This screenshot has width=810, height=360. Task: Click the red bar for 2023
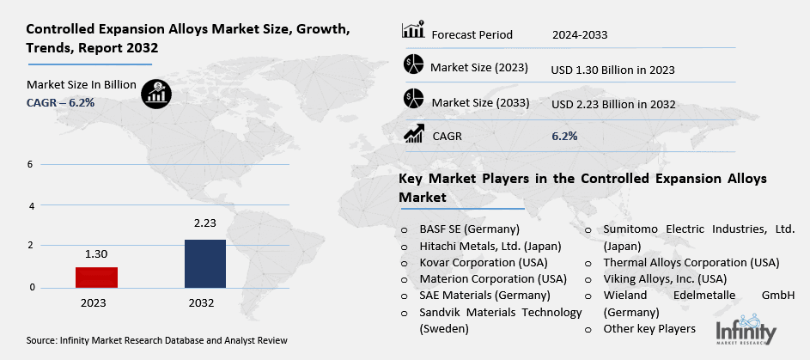pyautogui.click(x=95, y=277)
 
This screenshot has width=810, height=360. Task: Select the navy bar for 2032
pyautogui.click(x=205, y=263)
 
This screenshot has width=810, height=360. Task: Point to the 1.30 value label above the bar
pyautogui.click(x=95, y=254)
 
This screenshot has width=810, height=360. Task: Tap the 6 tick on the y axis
pyautogui.click(x=30, y=164)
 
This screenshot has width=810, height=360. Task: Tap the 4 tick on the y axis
pyautogui.click(x=30, y=206)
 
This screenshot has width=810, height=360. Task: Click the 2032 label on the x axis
pyautogui.click(x=205, y=302)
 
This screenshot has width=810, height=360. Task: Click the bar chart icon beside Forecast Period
pyautogui.click(x=413, y=31)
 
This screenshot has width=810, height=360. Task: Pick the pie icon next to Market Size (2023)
pyautogui.click(x=413, y=65)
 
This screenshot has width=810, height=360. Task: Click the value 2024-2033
pyautogui.click(x=581, y=35)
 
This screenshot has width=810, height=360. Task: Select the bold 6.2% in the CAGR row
pyautogui.click(x=564, y=136)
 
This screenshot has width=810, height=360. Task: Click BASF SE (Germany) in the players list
pyautogui.click(x=469, y=230)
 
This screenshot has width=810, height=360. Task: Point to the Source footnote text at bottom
pyautogui.click(x=156, y=342)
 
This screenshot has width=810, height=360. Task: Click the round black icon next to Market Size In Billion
pyautogui.click(x=156, y=93)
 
